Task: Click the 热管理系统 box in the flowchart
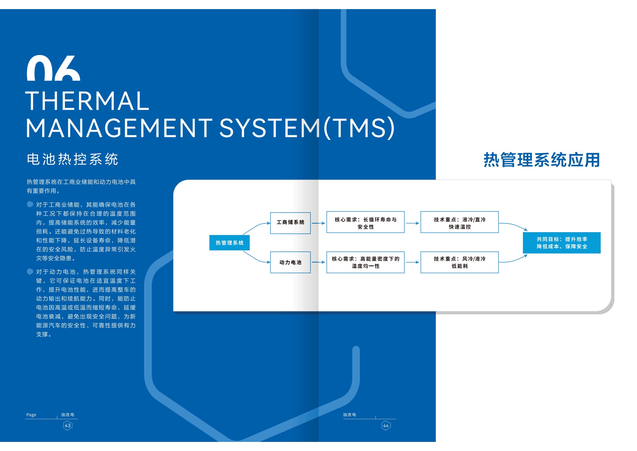(229, 243)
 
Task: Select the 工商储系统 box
(290, 223)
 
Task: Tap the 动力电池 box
(290, 262)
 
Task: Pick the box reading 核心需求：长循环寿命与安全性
(365, 222)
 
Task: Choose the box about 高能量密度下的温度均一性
(365, 262)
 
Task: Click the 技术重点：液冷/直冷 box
(459, 222)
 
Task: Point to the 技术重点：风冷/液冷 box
(459, 262)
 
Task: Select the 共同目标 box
(562, 243)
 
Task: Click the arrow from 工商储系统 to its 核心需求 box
(318, 223)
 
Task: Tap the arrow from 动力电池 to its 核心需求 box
(318, 262)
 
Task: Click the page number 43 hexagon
(68, 425)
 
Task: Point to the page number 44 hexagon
(386, 425)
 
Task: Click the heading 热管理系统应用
(542, 160)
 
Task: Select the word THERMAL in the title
(87, 101)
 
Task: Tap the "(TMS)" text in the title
(359, 128)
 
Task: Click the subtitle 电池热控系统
(72, 159)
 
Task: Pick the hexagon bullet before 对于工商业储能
(30, 204)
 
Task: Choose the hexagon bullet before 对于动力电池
(30, 272)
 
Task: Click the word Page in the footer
(31, 415)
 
